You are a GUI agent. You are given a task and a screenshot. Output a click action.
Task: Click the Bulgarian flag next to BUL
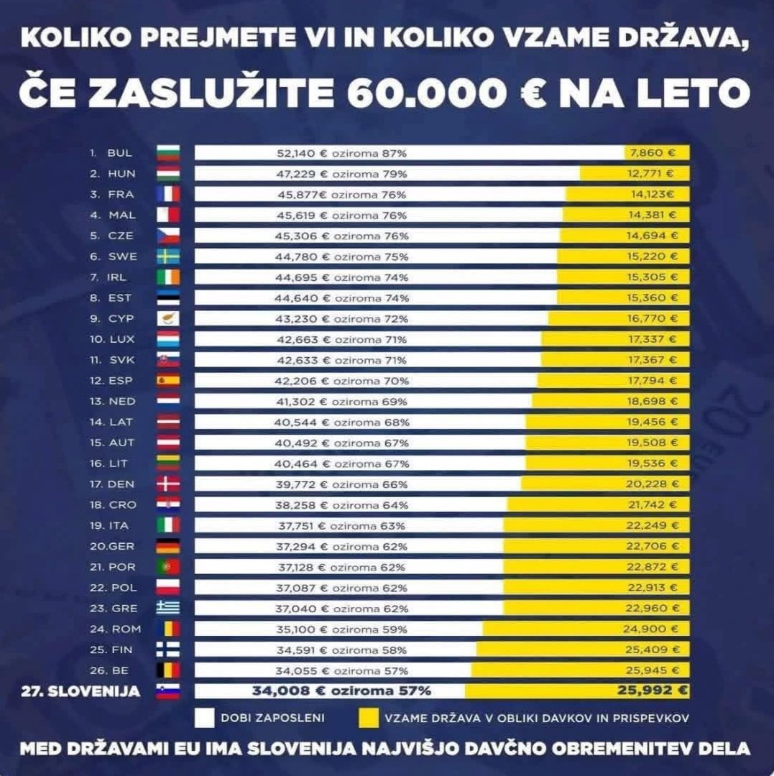click(167, 153)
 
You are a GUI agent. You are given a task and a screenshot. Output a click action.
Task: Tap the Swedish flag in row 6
click(167, 257)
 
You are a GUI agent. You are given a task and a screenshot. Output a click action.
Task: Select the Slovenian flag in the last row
click(167, 691)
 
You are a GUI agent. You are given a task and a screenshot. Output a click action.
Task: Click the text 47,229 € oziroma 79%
click(341, 174)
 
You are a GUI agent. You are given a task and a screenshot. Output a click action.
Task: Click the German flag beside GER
click(167, 546)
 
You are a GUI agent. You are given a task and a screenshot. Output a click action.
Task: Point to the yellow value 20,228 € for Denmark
click(651, 484)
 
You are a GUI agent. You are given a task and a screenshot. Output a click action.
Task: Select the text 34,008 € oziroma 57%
click(341, 691)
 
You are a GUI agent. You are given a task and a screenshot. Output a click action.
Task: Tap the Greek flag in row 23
click(167, 608)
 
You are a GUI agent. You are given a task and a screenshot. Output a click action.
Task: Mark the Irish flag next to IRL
click(167, 277)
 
